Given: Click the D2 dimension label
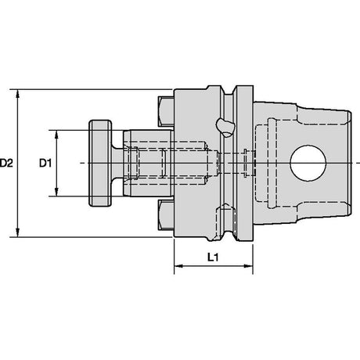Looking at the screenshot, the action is (6, 164).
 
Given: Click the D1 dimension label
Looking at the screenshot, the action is (45, 164).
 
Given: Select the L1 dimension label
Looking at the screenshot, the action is (213, 257).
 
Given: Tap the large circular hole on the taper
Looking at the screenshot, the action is (308, 164).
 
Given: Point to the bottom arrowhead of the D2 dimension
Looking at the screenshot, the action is (17, 232).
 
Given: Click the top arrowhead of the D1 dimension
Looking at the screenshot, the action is (56, 135).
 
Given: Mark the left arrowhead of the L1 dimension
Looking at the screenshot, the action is (178, 266).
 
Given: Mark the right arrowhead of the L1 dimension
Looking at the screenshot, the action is (248, 266).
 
